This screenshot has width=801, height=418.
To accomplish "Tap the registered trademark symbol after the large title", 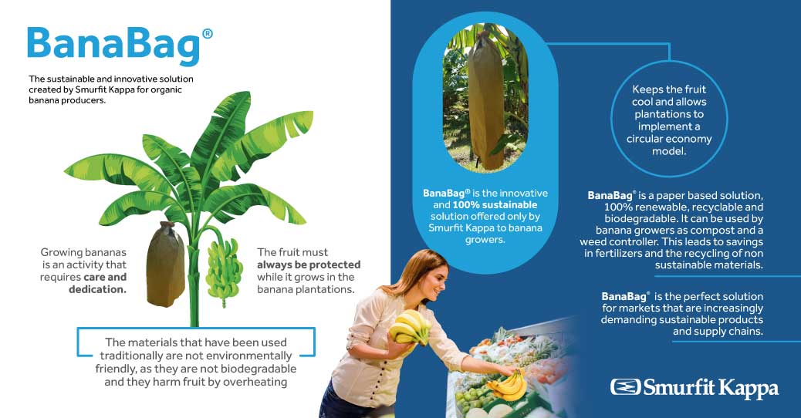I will point(206,34).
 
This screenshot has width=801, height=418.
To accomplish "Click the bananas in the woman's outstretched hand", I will point(507,383).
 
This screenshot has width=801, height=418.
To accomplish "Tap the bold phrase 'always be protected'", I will point(309,265).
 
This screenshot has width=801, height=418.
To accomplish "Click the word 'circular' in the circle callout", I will point(651,140).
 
